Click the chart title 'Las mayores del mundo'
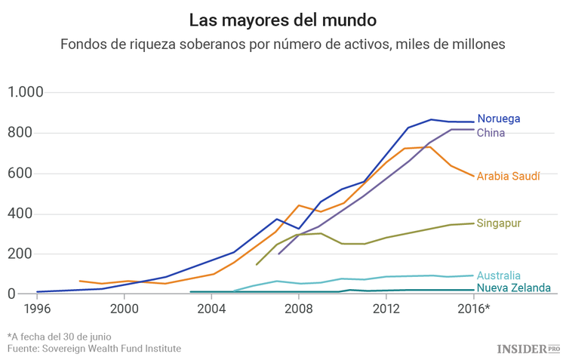pyautogui.click(x=282, y=19)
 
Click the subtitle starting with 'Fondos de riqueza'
pyautogui.click(x=282, y=45)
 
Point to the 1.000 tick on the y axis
pyautogui.click(x=26, y=93)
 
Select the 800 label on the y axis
pyautogui.click(x=31, y=133)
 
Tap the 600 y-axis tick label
pyautogui.click(x=31, y=174)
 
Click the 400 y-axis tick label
pyautogui.click(x=31, y=214)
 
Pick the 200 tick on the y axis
pyautogui.click(x=31, y=254)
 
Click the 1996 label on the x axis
pyautogui.click(x=37, y=309)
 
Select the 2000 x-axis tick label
pyautogui.click(x=125, y=309)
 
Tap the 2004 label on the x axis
pyautogui.click(x=212, y=309)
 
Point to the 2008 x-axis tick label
pyautogui.click(x=299, y=309)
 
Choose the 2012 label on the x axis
pyautogui.click(x=386, y=309)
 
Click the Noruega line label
pyautogui.click(x=498, y=119)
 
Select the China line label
pyautogui.click(x=491, y=133)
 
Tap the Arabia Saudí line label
pyautogui.click(x=508, y=177)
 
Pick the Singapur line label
pyautogui.click(x=499, y=223)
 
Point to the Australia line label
pyautogui.click(x=499, y=275)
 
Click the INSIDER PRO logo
pyautogui.click(x=528, y=348)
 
